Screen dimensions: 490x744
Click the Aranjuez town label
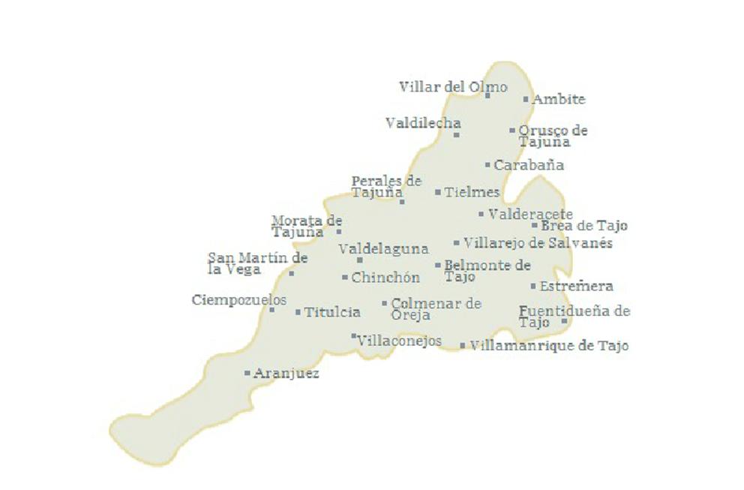click(286, 373)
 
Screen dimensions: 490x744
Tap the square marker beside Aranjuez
click(247, 372)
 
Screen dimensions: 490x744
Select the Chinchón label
click(385, 278)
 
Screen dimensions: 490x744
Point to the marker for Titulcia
click(298, 312)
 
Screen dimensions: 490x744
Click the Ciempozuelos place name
click(238, 300)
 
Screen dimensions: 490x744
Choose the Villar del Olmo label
click(453, 86)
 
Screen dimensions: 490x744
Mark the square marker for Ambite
click(526, 99)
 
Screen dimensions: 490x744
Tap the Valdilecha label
click(423, 122)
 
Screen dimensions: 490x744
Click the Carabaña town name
click(529, 165)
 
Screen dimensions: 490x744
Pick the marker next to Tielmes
click(438, 192)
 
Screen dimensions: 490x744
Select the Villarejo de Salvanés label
click(538, 243)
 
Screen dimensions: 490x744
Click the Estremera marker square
click(533, 286)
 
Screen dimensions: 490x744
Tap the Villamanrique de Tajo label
click(548, 346)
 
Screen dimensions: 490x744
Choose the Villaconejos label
click(399, 341)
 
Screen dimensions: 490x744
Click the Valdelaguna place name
click(383, 248)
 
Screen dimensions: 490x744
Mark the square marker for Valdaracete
click(481, 214)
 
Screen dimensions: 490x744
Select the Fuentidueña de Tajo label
click(574, 316)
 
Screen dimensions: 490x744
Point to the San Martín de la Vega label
click(257, 263)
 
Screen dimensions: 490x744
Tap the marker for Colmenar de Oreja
click(385, 304)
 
